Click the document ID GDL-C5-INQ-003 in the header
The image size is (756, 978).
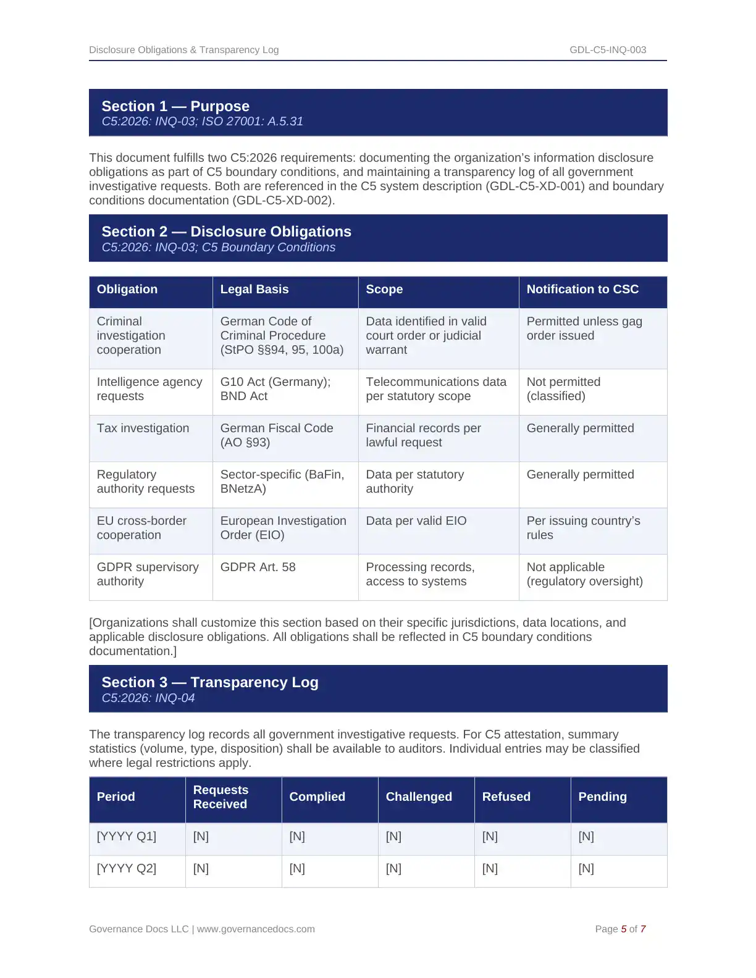point(608,50)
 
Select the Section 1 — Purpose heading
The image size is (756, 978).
point(175,106)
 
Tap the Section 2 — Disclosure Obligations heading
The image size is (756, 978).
point(226,232)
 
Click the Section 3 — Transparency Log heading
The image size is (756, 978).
point(210,682)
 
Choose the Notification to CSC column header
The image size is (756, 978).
point(582,289)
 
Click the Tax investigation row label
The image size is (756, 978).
point(143,428)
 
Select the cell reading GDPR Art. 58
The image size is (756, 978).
point(258,567)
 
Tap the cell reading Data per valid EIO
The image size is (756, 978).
point(416,520)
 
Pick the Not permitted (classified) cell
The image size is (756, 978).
point(563,389)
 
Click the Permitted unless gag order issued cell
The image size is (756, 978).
point(584,328)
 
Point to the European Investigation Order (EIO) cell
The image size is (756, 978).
point(283,528)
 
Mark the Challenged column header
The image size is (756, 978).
point(419,796)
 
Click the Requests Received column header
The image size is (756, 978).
point(220,796)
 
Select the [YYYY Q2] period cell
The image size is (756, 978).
point(127,868)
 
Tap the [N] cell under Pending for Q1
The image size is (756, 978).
point(586,836)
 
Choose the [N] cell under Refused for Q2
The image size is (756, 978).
point(490,868)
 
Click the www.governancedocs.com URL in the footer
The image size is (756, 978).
point(256,929)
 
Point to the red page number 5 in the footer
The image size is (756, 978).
point(624,929)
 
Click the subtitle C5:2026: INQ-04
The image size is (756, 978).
point(148,698)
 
